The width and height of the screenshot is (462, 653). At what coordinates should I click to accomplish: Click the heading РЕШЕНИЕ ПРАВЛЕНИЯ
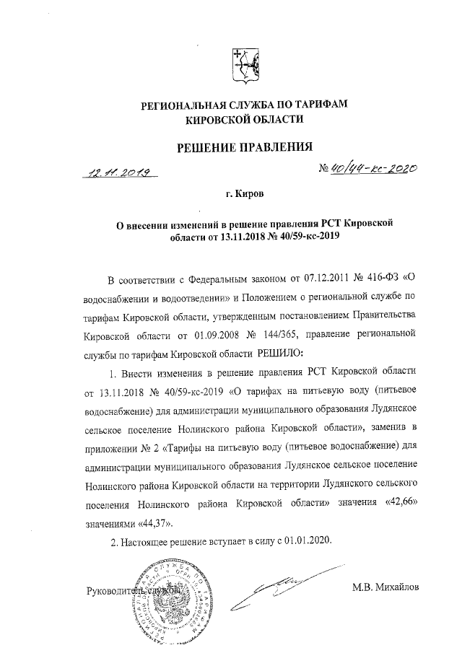(x=245, y=149)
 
